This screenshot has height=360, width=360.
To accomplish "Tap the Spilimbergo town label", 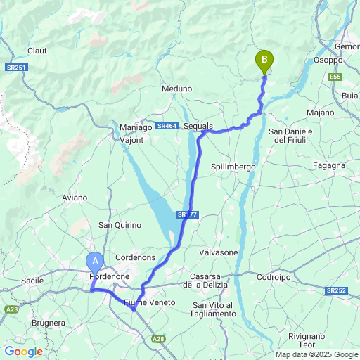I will [x=233, y=167].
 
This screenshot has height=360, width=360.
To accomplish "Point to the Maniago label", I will [x=135, y=127].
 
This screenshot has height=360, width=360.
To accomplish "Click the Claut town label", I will [x=37, y=51].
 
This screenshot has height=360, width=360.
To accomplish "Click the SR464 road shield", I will [x=167, y=126].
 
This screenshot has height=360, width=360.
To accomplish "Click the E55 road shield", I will [x=334, y=77].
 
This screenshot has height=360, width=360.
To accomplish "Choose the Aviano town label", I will [x=75, y=198].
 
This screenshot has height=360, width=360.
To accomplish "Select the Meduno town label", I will [x=176, y=89].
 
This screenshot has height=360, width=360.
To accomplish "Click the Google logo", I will [x=23, y=352].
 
